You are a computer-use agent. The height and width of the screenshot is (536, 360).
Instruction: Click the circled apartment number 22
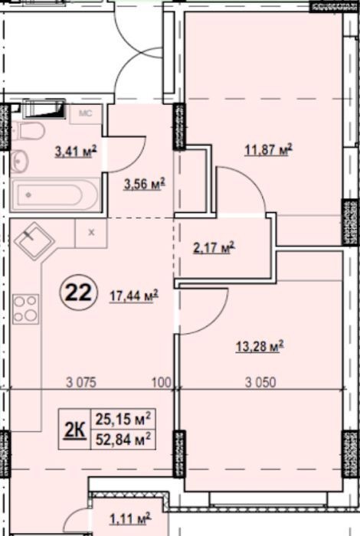click(x=79, y=293)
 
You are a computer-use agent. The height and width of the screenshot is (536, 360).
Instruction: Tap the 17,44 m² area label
click(x=134, y=296)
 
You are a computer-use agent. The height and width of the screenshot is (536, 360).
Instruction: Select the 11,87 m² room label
click(x=268, y=149)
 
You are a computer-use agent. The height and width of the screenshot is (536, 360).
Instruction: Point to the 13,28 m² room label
click(x=260, y=346)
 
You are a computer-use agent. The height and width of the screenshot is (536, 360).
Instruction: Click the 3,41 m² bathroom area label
click(x=76, y=151)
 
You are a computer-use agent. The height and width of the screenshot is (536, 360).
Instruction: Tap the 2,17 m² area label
click(x=214, y=247)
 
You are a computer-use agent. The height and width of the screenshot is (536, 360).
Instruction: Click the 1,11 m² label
click(x=130, y=519)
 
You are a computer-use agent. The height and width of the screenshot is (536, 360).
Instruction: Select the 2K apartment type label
click(x=75, y=430)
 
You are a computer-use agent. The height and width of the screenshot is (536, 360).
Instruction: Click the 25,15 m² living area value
click(x=123, y=419)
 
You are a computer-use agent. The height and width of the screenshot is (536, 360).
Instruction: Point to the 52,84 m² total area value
click(x=123, y=439)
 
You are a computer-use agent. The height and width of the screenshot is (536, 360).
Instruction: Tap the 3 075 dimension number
click(x=81, y=382)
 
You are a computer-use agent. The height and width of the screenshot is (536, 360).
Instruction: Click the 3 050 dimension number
click(x=260, y=382)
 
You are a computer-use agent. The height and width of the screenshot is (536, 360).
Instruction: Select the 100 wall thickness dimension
click(x=161, y=382)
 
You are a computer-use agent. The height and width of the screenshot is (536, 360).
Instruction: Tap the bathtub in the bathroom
click(x=55, y=194)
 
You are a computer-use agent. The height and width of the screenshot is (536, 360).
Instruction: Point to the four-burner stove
click(x=25, y=309)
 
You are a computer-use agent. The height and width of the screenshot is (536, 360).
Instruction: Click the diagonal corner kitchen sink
click(x=34, y=241)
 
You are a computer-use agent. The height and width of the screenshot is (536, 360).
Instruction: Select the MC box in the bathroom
click(x=86, y=114)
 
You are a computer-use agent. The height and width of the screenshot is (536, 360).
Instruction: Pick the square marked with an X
click(x=91, y=233)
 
